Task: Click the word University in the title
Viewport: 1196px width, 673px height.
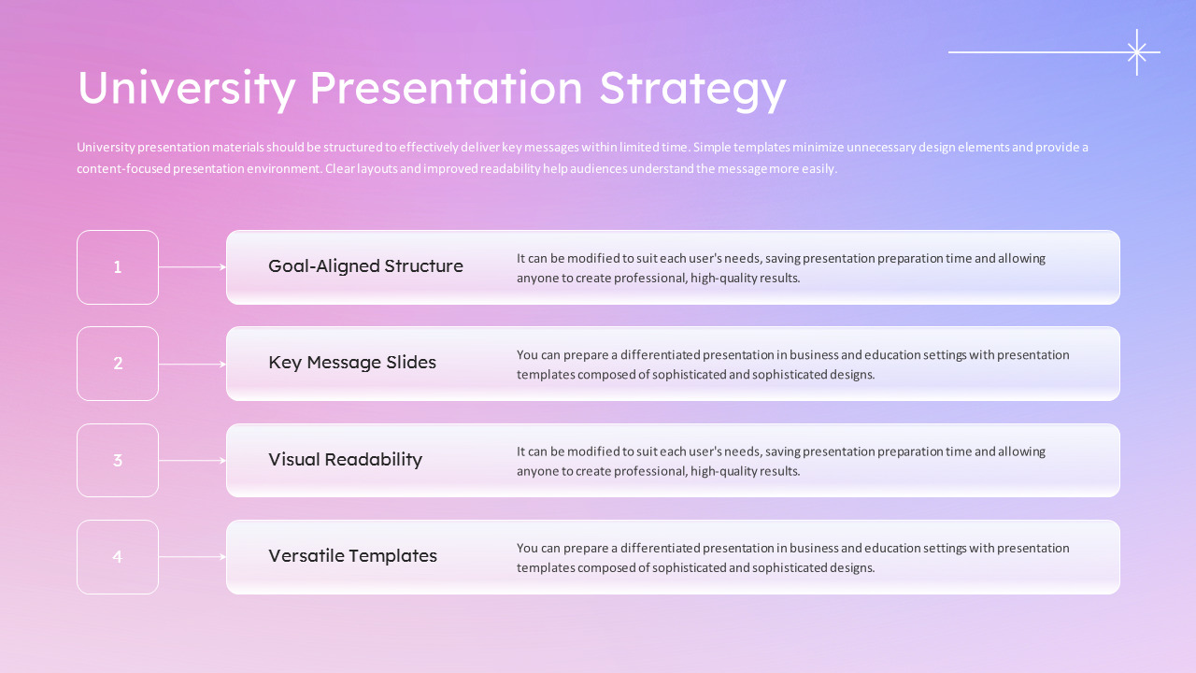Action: [x=187, y=88]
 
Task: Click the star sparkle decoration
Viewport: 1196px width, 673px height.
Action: [x=1137, y=52]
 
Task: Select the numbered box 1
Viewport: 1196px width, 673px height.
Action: [x=118, y=267]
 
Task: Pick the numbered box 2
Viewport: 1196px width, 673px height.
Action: [x=118, y=364]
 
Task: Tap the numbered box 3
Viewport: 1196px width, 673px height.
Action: [x=118, y=461]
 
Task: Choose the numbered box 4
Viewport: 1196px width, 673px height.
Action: [x=118, y=557]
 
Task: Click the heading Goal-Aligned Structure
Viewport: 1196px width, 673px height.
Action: [x=365, y=266]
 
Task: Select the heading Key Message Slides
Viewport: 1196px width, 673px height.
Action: [x=352, y=363]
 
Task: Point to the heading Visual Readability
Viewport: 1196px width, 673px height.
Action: [x=345, y=460]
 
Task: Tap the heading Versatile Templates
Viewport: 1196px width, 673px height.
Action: [x=352, y=556]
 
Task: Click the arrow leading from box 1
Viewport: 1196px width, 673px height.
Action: [x=192, y=267]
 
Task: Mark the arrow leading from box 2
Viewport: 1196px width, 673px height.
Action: [x=192, y=365]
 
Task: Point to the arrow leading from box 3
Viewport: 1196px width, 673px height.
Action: [x=192, y=461]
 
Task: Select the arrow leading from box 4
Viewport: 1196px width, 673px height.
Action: [x=192, y=557]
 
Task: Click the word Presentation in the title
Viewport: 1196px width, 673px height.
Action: [x=446, y=88]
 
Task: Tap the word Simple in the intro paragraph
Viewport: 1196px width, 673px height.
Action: [x=712, y=148]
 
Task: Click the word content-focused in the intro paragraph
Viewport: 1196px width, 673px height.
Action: [x=123, y=169]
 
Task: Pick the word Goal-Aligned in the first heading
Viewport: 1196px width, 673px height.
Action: [x=323, y=266]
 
